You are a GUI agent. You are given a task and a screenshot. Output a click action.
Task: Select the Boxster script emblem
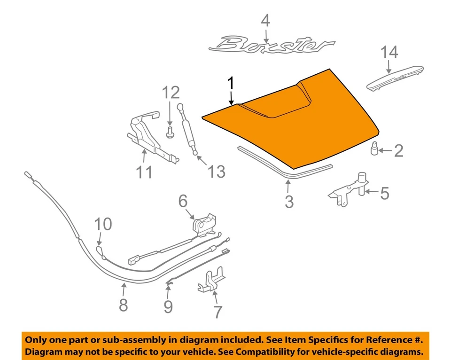click(272, 46)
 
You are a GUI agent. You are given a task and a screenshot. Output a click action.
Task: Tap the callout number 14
click(389, 52)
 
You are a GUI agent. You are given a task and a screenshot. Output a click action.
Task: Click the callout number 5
click(384, 193)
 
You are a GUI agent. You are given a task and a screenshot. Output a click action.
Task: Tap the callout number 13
click(217, 172)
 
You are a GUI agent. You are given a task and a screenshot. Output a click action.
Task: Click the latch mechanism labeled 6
click(204, 224)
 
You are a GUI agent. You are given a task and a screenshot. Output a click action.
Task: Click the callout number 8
click(123, 305)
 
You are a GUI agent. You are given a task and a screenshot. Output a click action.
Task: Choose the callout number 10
click(104, 224)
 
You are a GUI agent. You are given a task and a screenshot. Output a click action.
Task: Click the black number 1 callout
click(231, 84)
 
